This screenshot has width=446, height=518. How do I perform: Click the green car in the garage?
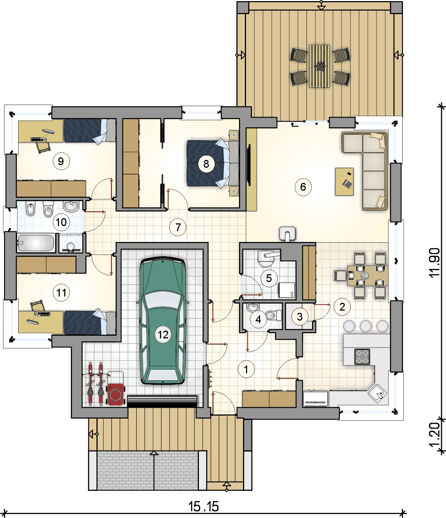(x=163, y=321)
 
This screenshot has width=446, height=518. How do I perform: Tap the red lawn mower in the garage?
(x=116, y=394)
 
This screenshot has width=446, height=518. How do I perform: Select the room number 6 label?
(x=303, y=187)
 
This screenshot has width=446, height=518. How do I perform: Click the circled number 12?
(x=163, y=335)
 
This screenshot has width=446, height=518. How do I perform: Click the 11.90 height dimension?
(x=434, y=262)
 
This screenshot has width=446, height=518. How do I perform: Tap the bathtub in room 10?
(x=36, y=243)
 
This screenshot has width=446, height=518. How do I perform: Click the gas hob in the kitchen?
(x=362, y=357)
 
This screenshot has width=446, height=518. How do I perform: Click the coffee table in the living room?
(x=345, y=182)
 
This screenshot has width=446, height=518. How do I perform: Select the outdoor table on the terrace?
(x=319, y=66)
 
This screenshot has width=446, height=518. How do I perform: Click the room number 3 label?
(x=300, y=317)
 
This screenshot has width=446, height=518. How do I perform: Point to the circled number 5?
(x=269, y=278)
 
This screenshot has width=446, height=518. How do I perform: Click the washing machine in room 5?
(x=287, y=290)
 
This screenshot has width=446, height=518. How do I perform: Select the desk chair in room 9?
(x=43, y=147)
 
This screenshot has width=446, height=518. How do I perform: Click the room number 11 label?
(x=61, y=292)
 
